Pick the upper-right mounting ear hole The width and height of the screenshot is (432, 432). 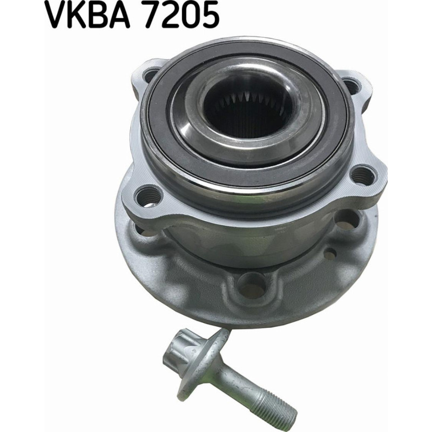pos(352,85)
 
